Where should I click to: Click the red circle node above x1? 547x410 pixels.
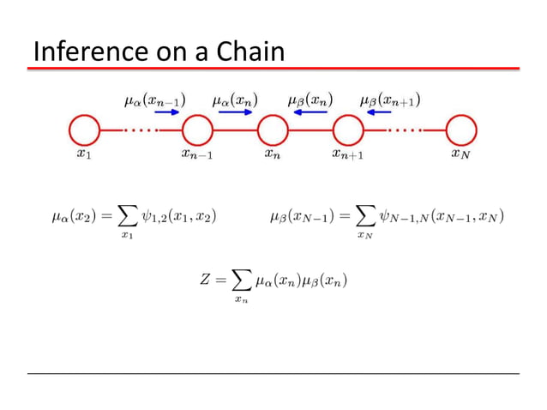click(83, 131)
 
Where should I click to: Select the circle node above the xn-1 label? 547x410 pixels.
click(197, 131)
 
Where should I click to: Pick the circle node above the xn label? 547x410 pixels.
click(273, 131)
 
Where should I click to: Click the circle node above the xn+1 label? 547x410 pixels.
click(347, 131)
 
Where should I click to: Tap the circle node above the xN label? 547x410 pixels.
click(460, 131)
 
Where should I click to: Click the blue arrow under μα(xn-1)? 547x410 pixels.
click(157, 112)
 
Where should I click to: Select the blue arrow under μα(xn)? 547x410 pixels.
click(233, 112)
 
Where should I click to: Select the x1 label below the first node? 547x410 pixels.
click(83, 155)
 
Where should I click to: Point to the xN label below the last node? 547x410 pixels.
click(460, 155)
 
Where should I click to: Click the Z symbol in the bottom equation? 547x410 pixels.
click(205, 280)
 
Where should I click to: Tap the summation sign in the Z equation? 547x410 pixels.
click(242, 280)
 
